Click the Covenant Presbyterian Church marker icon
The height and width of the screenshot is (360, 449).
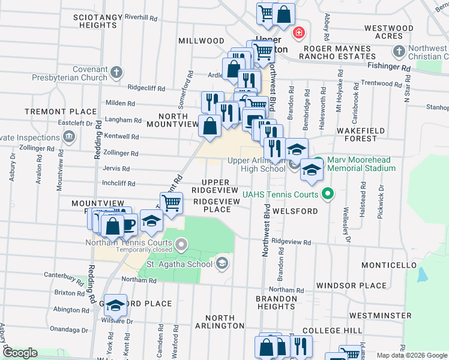click(x=116, y=73)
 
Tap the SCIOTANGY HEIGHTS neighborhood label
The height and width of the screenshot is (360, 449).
click(x=95, y=22)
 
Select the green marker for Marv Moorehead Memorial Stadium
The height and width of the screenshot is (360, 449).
click(x=319, y=161)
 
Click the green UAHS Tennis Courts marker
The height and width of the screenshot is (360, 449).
click(x=327, y=193)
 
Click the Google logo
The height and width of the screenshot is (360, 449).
click(x=20, y=353)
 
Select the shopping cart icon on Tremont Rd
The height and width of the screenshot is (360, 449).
click(x=171, y=204)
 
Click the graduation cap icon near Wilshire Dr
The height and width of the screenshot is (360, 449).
click(x=115, y=305)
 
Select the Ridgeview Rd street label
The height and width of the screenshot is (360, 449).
click(x=291, y=242)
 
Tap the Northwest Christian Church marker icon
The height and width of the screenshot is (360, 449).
click(x=397, y=52)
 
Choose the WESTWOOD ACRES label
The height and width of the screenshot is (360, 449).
click(x=388, y=32)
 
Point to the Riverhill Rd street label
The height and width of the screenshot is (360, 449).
click(x=140, y=17)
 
